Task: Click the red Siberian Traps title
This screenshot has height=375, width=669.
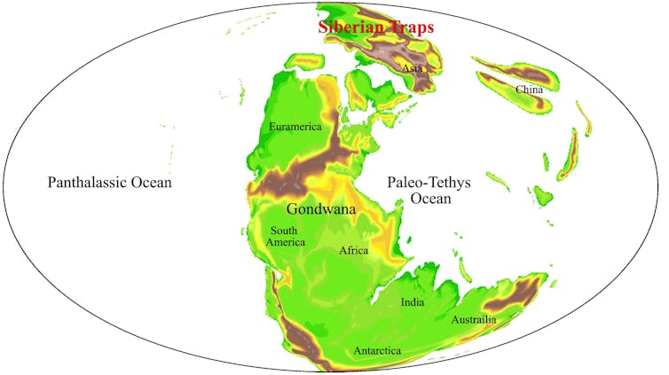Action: pos(375,27)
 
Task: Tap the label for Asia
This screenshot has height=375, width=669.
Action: pos(413,67)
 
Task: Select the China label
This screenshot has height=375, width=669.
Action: pos(530,90)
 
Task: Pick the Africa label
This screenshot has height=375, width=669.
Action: pos(354,251)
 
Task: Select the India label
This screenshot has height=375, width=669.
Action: pos(413,302)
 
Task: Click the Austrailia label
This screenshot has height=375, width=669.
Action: pos(473,320)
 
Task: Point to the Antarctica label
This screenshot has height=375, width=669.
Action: pos(377,352)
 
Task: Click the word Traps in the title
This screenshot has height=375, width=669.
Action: pos(408,27)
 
